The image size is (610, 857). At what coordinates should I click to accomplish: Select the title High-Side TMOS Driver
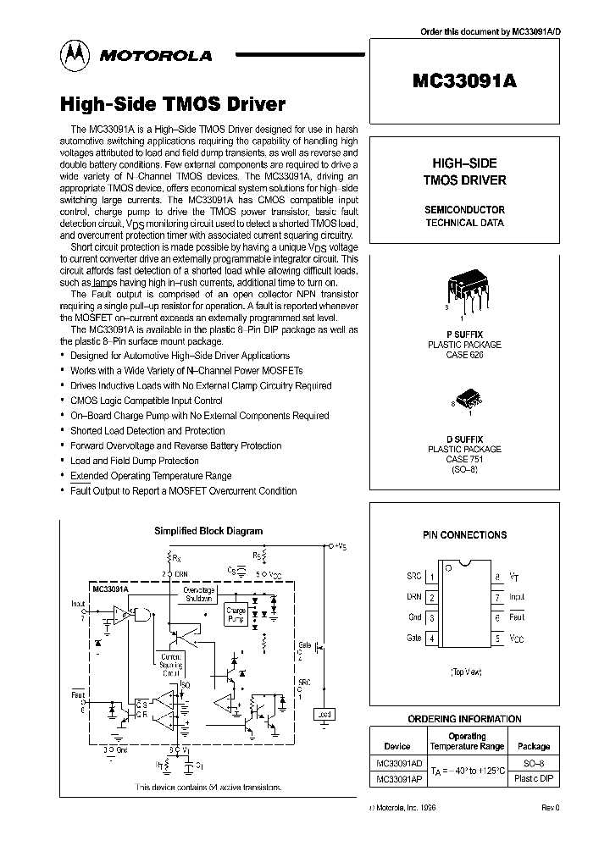click(173, 105)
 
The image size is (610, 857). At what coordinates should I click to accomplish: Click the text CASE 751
click(463, 459)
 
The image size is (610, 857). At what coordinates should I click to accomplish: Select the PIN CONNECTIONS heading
click(464, 535)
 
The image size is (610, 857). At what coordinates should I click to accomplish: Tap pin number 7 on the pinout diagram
click(497, 597)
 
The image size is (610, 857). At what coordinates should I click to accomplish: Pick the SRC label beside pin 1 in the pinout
click(413, 577)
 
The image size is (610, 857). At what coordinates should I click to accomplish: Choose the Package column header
click(533, 746)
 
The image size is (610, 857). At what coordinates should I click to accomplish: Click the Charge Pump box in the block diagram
click(236, 614)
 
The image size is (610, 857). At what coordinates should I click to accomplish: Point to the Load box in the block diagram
click(323, 714)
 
